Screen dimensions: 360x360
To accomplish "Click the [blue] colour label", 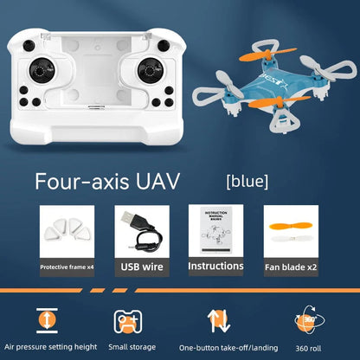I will click(247, 182).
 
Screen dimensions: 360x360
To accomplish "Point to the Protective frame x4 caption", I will click(67, 267).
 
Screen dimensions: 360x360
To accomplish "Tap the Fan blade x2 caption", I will click(289, 267).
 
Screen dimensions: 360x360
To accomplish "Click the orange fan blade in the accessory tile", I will click(288, 231).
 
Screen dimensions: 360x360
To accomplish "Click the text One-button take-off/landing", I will click(222, 348).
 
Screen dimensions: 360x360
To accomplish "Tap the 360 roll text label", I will click(307, 348).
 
